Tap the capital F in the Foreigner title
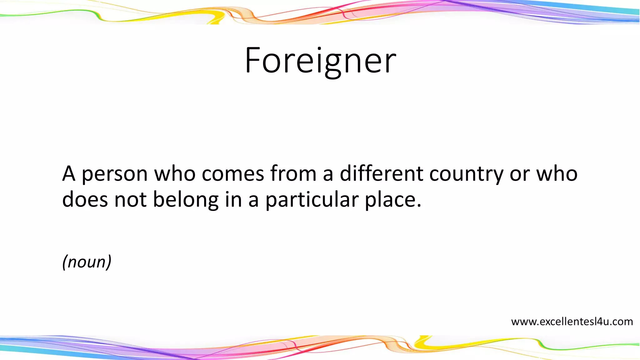[x=252, y=60]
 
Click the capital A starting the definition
[x=69, y=173]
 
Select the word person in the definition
[x=114, y=174]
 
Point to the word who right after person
[x=175, y=173]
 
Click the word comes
[x=233, y=174]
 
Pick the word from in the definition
[x=293, y=173]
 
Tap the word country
[x=466, y=174]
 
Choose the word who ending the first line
[x=557, y=173]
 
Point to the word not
[x=130, y=200]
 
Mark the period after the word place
[x=419, y=206]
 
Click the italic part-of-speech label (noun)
[x=87, y=262]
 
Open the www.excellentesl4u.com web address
[x=572, y=322]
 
